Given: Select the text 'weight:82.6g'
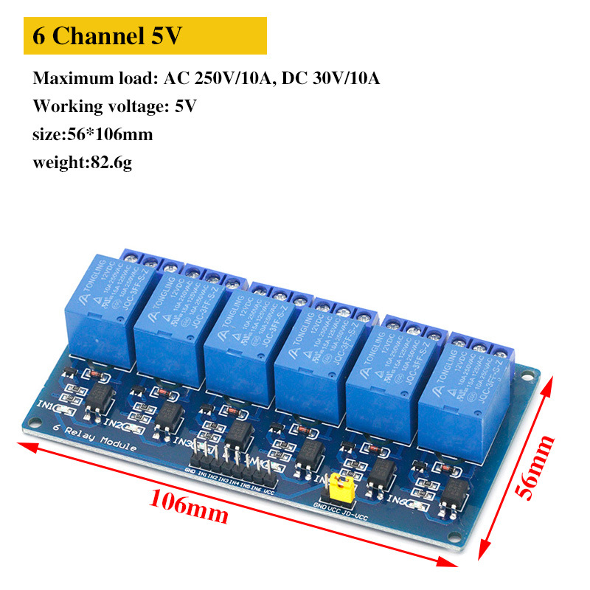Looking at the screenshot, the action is point(82,162).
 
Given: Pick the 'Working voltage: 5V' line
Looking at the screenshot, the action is point(114,106).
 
